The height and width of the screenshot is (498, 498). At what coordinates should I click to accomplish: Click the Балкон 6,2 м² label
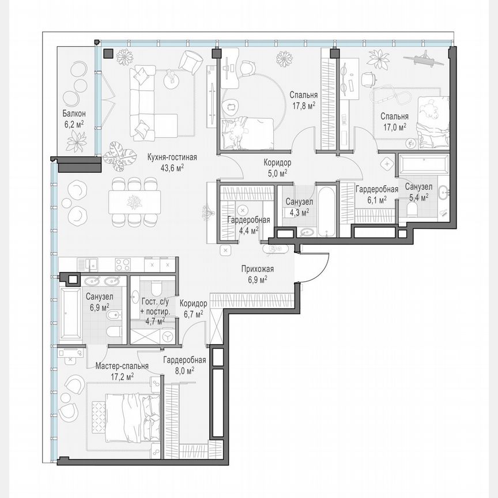pos(73,118)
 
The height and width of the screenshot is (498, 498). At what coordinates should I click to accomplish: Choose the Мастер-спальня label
pos(122,371)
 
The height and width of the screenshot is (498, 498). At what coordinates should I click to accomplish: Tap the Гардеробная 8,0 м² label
pos(184,365)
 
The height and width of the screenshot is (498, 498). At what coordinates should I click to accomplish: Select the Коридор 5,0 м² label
pos(274,167)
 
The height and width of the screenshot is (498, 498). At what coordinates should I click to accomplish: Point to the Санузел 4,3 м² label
pos(299,206)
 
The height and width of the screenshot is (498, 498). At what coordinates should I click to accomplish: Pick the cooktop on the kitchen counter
pos(124,265)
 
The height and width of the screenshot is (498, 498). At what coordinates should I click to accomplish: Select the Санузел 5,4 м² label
pos(418,191)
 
